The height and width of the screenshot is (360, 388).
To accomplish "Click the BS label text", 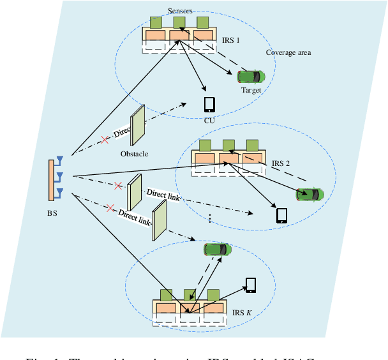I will pyautogui.click(x=52, y=213).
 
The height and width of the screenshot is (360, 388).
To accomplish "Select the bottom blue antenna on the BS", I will pyautogui.click(x=60, y=191).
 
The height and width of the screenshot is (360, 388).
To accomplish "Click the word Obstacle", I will pyautogui.click(x=135, y=154).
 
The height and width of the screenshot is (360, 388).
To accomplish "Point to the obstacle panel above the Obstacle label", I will pyautogui.click(x=137, y=121).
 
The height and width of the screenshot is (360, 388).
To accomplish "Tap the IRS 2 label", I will pyautogui.click(x=280, y=163).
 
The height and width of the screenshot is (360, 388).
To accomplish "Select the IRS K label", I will pyautogui.click(x=242, y=311).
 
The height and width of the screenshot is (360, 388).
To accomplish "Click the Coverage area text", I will pyautogui.click(x=288, y=52).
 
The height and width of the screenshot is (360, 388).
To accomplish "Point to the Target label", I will pyautogui.click(x=251, y=90).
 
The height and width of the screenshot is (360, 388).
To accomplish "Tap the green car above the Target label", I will pyautogui.click(x=250, y=76).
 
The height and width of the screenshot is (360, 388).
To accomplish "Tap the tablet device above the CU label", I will pyautogui.click(x=209, y=103).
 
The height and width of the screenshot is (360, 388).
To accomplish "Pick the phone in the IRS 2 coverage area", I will pyautogui.click(x=282, y=215).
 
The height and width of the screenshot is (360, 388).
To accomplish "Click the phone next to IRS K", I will pyautogui.click(x=251, y=285).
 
